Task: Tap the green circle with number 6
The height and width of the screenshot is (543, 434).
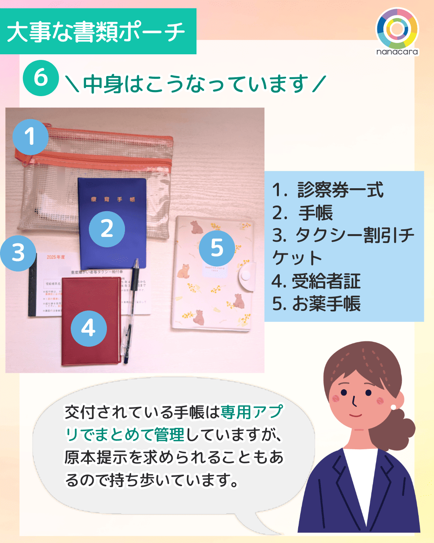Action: [41, 78]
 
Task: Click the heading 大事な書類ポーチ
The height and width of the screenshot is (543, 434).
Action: [96, 32]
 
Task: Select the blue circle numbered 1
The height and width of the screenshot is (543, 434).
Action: [30, 137]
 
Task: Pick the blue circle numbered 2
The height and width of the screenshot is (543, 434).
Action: [106, 229]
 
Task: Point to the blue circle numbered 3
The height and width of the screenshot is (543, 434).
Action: [18, 253]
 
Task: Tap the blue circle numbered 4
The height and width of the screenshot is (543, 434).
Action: [88, 328]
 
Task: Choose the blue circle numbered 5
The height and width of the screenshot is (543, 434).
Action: [217, 248]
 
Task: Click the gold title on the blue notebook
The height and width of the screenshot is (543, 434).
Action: [113, 199]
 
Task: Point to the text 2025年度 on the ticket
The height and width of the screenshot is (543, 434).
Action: [55, 257]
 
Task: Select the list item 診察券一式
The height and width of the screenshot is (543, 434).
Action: [340, 190]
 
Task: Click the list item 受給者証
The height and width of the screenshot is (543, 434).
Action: [326, 281]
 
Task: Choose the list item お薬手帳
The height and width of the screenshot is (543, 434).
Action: [326, 304]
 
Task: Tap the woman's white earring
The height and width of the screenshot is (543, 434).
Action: [393, 407]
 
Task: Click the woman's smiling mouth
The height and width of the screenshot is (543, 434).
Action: [355, 414]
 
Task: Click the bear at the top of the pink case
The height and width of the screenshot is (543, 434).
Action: [196, 227]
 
